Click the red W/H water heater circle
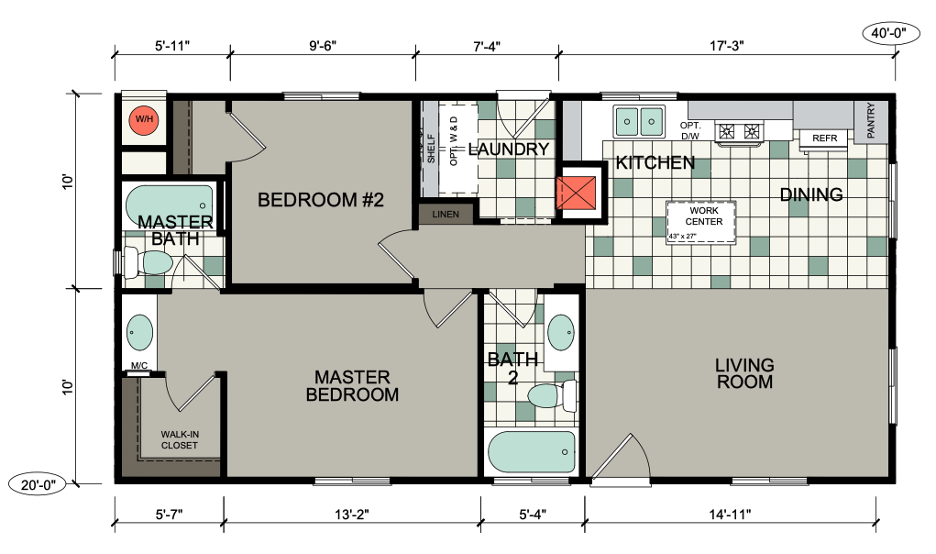[x=144, y=119]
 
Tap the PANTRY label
[x=870, y=120]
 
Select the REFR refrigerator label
[x=825, y=138]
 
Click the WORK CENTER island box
[x=701, y=222]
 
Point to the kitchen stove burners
[x=740, y=130]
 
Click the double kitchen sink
[x=639, y=122]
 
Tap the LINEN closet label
[x=446, y=215]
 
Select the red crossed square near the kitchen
[x=577, y=193]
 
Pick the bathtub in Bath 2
[x=532, y=452]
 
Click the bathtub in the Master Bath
[x=170, y=205]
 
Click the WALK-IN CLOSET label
[x=180, y=440]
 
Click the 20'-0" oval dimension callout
[x=39, y=484]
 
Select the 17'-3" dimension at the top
[x=727, y=46]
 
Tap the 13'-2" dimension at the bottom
[x=352, y=514]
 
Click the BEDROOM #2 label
[x=321, y=199]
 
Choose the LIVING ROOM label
[x=744, y=373]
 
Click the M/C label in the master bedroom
[x=139, y=365]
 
